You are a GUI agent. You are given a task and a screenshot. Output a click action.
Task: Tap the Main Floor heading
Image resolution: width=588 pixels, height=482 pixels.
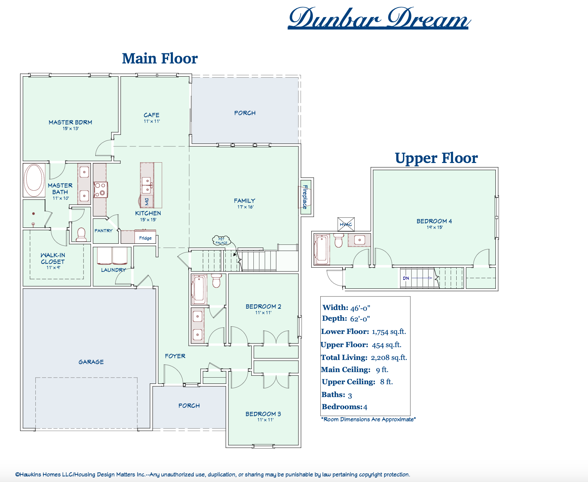point(160,58)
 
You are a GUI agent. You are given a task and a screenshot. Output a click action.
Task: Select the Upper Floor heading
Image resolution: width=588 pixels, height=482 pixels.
point(436,158)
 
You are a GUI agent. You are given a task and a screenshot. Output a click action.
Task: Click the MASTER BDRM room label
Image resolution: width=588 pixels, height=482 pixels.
point(70,122)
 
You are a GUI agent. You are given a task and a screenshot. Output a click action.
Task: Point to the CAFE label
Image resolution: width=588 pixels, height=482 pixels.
point(152,115)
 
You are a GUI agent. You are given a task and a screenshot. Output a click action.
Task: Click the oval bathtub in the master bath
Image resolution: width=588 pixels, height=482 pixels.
point(34,180)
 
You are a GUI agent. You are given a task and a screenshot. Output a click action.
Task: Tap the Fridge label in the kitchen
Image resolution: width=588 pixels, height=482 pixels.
point(145,238)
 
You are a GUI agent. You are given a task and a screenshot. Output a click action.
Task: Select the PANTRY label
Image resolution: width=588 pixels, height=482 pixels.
point(103,231)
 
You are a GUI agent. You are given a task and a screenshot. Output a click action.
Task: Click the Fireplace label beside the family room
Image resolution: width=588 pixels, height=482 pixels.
point(305,197)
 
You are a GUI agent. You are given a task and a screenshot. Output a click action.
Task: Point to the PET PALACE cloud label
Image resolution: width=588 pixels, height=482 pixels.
point(222,240)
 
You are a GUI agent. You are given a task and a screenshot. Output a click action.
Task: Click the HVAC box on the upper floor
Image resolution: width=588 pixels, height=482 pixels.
point(346,224)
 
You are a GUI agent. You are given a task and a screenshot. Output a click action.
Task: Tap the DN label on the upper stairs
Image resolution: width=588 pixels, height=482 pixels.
point(406,278)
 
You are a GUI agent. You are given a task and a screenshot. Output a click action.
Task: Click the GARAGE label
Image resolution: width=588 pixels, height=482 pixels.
point(91,362)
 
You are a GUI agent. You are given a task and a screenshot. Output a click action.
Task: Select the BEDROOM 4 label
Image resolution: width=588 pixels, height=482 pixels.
point(434,221)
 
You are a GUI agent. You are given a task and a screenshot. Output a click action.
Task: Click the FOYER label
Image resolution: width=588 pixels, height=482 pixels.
point(175,356)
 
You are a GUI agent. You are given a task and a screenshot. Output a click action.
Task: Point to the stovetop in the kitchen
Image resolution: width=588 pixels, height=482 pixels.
point(101,190)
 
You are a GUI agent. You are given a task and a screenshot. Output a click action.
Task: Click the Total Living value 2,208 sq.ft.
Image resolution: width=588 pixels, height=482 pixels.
point(389,358)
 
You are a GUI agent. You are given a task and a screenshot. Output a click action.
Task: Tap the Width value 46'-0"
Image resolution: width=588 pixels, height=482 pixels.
point(360,308)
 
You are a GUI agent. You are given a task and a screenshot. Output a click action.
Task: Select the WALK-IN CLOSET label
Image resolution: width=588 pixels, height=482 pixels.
point(53,258)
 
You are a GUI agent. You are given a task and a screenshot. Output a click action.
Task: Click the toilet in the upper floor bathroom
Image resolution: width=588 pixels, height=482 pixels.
point(339,240)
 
